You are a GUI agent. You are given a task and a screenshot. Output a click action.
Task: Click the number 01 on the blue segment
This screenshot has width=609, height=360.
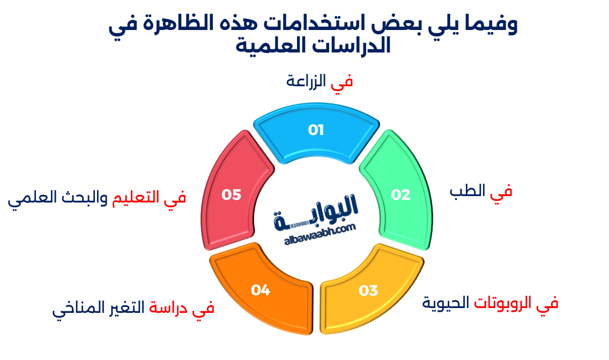click(x=316, y=130)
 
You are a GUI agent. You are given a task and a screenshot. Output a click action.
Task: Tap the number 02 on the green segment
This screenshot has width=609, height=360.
click(x=400, y=195)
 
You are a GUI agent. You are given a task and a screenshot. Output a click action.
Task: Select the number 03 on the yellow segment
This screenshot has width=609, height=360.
click(x=368, y=291)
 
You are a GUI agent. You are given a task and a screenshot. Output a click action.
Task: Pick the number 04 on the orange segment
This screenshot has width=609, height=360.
click(x=261, y=290)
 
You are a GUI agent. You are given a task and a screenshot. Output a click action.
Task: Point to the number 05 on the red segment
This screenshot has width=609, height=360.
click(x=232, y=194)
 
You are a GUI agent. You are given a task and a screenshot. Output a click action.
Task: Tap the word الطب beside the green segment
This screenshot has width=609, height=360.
click(x=467, y=191)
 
